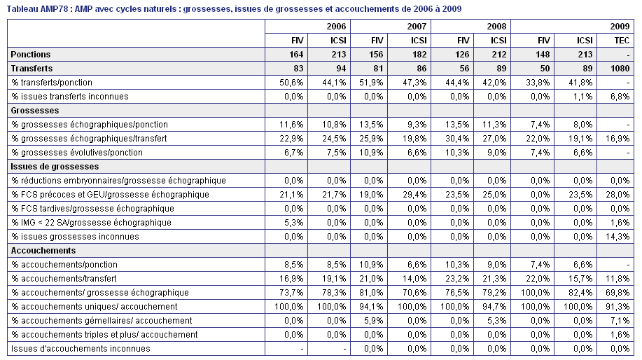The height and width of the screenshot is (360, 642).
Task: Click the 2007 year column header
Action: click(417, 27)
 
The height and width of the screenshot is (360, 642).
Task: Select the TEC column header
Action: click(622, 41)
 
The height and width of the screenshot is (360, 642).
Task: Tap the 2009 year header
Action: click(620, 27)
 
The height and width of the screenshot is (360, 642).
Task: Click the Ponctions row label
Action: click(31, 55)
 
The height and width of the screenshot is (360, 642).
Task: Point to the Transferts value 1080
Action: click(620, 69)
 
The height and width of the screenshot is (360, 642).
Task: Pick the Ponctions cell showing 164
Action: click(296, 55)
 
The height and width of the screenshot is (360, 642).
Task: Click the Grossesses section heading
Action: click(35, 111)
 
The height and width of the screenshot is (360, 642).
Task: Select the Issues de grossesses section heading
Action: click(55, 167)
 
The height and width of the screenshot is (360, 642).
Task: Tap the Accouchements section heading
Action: click(43, 251)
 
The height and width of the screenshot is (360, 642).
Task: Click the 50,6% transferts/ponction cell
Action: click(291, 83)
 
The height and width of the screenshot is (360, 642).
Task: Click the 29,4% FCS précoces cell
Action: click(414, 195)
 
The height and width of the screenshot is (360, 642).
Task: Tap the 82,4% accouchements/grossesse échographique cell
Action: click(580, 293)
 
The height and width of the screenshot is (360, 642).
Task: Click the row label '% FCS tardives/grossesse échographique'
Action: click(93, 209)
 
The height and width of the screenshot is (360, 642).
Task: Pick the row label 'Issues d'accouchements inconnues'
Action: click(81, 349)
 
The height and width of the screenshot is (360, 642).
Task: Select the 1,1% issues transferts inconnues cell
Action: click(582, 97)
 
